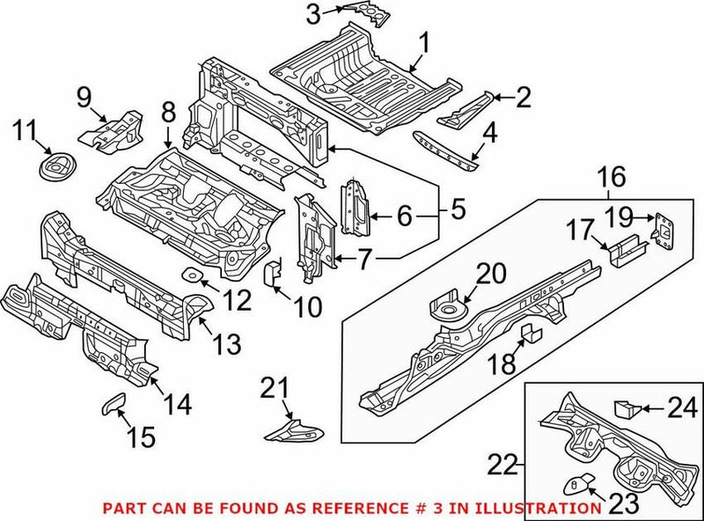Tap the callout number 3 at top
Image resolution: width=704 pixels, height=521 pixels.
click(312, 14)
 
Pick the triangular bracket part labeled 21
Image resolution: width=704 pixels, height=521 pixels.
click(295, 430)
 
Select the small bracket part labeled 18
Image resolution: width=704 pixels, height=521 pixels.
click(531, 333)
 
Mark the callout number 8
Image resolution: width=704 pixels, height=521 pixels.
click(168, 112)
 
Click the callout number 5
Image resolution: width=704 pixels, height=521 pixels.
click(456, 211)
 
